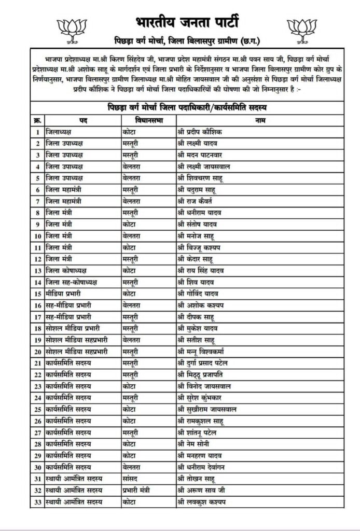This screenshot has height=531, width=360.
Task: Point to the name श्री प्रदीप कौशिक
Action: click(200, 132)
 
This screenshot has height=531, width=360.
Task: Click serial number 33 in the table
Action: click(37, 502)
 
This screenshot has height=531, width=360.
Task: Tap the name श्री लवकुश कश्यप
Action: click(202, 502)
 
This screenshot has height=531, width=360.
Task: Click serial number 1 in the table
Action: click(37, 132)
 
